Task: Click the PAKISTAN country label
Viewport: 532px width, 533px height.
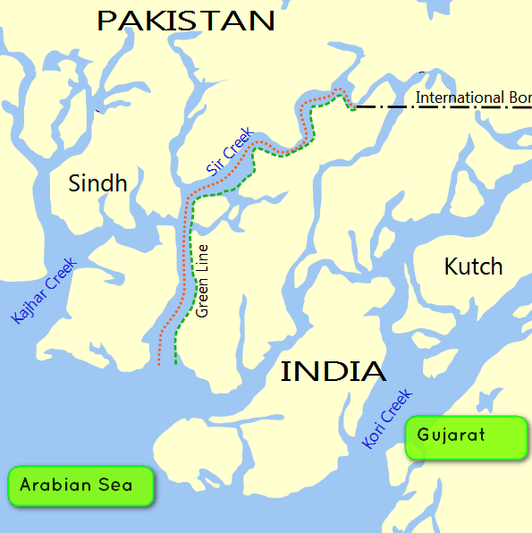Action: pos(185,21)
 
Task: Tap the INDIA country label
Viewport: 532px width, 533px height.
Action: pos(334,371)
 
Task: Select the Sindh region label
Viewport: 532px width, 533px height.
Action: pos(97,183)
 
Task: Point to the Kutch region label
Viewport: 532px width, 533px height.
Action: pos(473,266)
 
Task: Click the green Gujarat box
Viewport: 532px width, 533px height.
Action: pos(465,437)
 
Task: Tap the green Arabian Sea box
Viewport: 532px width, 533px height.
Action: pos(80,486)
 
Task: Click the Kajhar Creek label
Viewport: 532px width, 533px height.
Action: pos(44,290)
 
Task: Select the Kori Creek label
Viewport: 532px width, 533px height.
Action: pos(386,419)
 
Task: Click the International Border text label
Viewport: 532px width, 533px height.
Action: pos(473,97)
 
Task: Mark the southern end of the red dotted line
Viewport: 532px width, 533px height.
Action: pos(159,365)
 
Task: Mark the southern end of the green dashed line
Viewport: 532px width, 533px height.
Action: pos(176,363)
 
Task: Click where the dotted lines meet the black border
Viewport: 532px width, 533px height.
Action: pos(353,108)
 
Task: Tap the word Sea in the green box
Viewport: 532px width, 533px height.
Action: pos(119,486)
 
